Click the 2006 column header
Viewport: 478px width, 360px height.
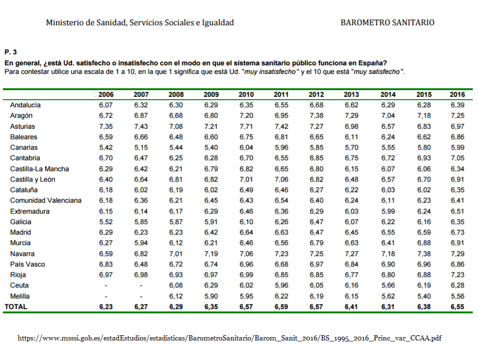click(106, 94)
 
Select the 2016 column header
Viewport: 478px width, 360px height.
click(457, 94)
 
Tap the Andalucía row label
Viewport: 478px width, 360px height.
click(25, 105)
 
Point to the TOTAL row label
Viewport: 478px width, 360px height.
click(16, 307)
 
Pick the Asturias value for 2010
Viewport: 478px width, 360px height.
click(246, 126)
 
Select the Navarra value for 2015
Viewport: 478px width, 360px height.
click(424, 253)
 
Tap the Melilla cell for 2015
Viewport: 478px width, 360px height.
click(424, 296)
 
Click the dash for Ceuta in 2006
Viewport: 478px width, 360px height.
click(106, 285)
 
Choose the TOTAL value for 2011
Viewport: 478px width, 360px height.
click(282, 307)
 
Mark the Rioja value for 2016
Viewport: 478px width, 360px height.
click(457, 275)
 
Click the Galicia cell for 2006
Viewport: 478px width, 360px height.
click(106, 222)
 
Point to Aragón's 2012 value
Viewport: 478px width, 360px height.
click(316, 115)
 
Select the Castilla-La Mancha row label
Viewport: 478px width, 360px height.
click(40, 169)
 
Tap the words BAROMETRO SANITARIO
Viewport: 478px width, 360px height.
click(387, 22)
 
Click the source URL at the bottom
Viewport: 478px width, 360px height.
click(229, 338)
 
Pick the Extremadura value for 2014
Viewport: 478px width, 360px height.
click(388, 211)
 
